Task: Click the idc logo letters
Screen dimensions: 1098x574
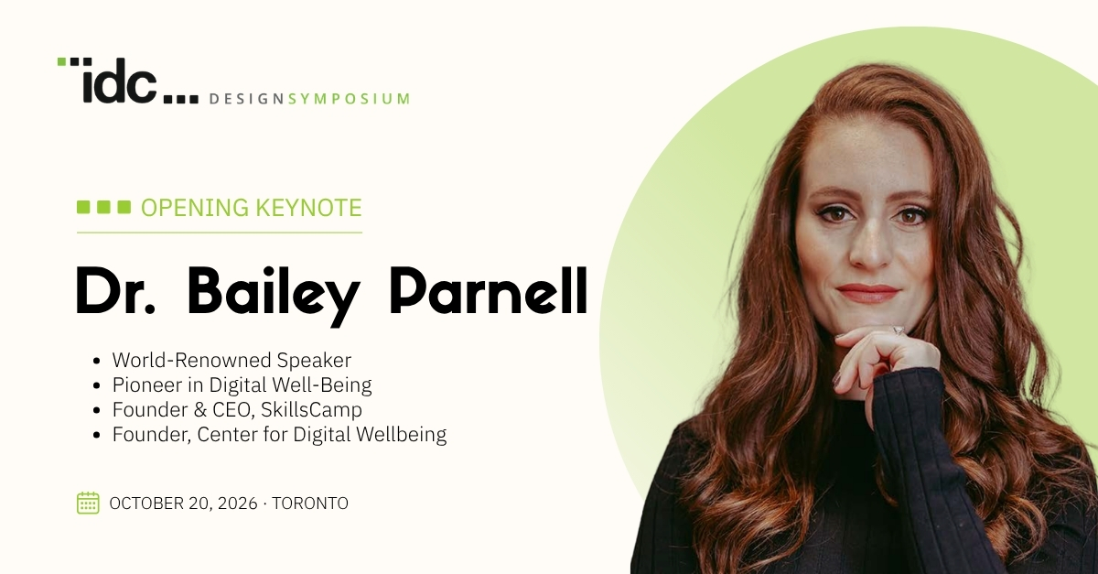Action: click(120, 81)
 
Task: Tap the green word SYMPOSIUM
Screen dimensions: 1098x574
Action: click(349, 99)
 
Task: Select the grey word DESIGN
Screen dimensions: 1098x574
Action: click(246, 99)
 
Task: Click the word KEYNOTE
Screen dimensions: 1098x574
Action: click(309, 208)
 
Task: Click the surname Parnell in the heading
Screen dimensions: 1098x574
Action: click(489, 290)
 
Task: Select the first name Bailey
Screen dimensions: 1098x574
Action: click(273, 296)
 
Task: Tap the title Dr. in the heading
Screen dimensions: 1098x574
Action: click(115, 290)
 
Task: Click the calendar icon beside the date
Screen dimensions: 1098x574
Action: click(88, 503)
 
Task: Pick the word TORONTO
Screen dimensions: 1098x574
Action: click(310, 504)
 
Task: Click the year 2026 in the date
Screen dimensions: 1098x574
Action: click(238, 504)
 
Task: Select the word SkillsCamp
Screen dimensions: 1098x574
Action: click(311, 409)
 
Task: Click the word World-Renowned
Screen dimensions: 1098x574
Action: click(191, 360)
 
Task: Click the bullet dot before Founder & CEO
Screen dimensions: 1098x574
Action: click(96, 410)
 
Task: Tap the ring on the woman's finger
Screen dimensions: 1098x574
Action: click(899, 330)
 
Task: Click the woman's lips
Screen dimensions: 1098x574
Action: click(867, 293)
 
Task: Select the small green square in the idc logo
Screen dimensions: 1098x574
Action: click(62, 61)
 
